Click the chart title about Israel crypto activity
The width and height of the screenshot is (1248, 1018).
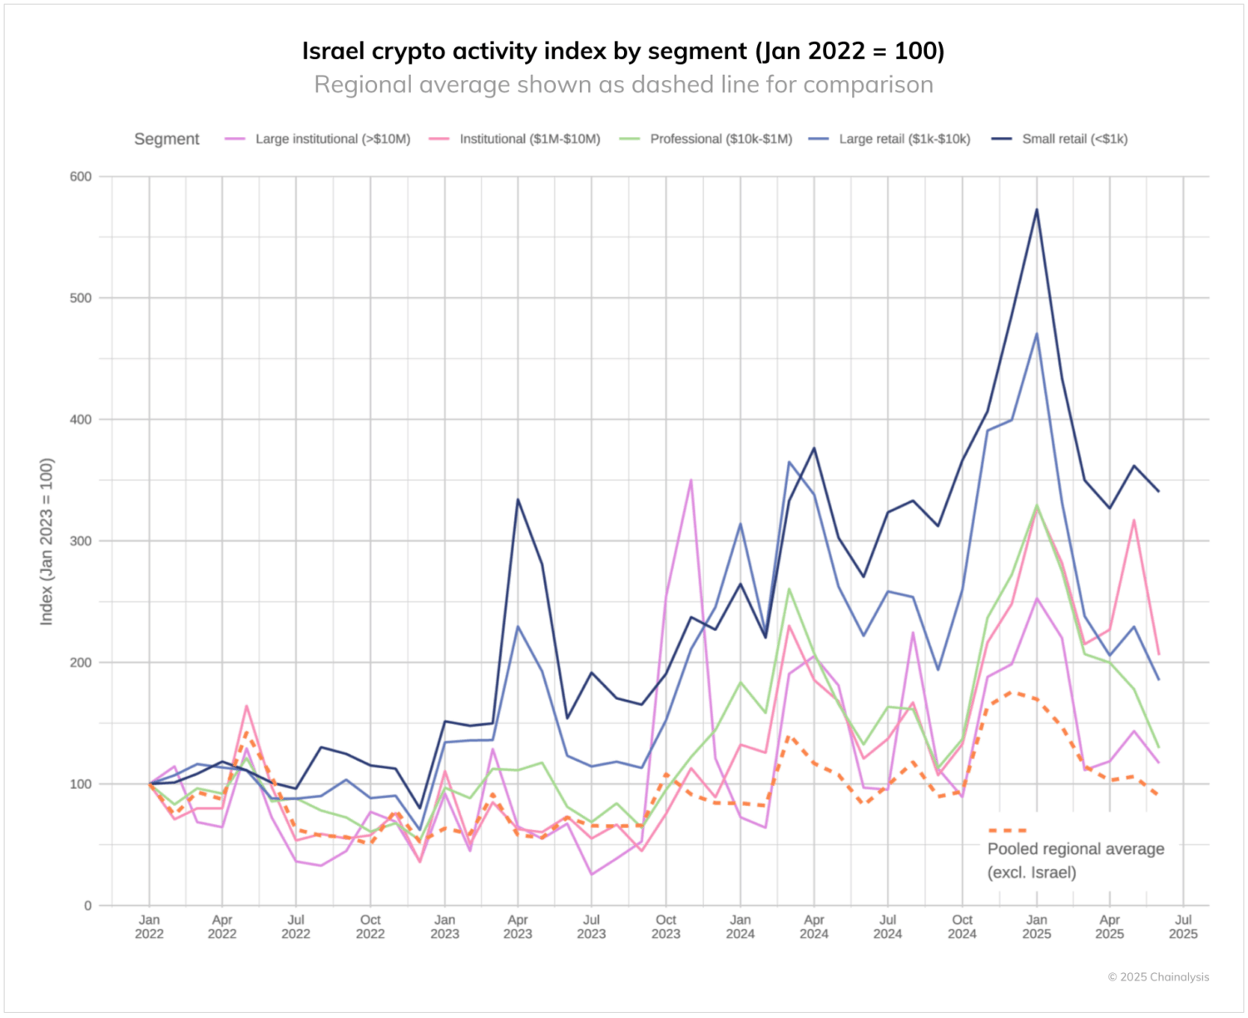[x=623, y=51]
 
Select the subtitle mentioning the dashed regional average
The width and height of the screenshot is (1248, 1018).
[x=623, y=85]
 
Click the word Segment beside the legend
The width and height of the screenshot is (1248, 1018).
[x=166, y=139]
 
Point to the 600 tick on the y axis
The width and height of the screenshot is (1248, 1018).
[x=81, y=176]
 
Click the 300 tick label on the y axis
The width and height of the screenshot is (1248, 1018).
[x=81, y=541]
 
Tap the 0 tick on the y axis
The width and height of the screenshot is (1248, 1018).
[x=87, y=906]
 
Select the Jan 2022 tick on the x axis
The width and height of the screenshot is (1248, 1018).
[x=149, y=926]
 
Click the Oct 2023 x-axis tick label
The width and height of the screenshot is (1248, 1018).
[x=666, y=926]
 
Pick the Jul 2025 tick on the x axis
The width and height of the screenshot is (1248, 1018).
[x=1183, y=926]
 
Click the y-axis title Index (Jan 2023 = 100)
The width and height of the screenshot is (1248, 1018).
[x=47, y=541]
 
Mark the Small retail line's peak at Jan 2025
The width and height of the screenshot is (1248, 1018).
[x=1037, y=210]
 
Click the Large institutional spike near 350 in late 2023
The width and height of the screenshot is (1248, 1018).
[x=691, y=480]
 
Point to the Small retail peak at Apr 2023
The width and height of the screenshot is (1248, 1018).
[x=518, y=499]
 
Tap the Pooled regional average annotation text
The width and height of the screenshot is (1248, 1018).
[x=1075, y=860]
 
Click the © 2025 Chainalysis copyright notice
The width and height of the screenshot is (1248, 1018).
[x=1158, y=977]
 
